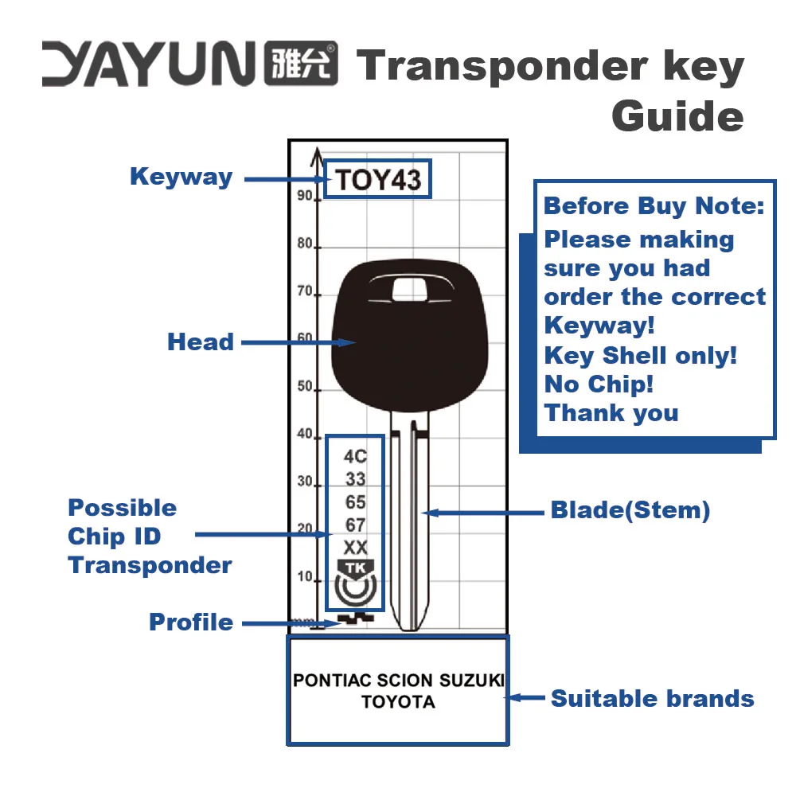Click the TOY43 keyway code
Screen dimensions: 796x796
377,179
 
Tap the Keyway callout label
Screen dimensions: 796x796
181,177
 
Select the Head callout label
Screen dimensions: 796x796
201,342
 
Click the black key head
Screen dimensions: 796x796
398,350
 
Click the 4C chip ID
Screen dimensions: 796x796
355,456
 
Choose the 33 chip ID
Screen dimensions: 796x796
355,479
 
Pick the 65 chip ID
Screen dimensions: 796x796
355,502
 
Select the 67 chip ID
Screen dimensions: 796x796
355,525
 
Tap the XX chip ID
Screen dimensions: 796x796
355,548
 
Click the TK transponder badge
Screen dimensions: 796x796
355,568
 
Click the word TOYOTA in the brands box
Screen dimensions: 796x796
398,703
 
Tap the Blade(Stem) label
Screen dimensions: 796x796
630,510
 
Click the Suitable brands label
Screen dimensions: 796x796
652,699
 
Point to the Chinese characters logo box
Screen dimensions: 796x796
300,64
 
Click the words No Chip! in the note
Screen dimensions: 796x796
599,384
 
